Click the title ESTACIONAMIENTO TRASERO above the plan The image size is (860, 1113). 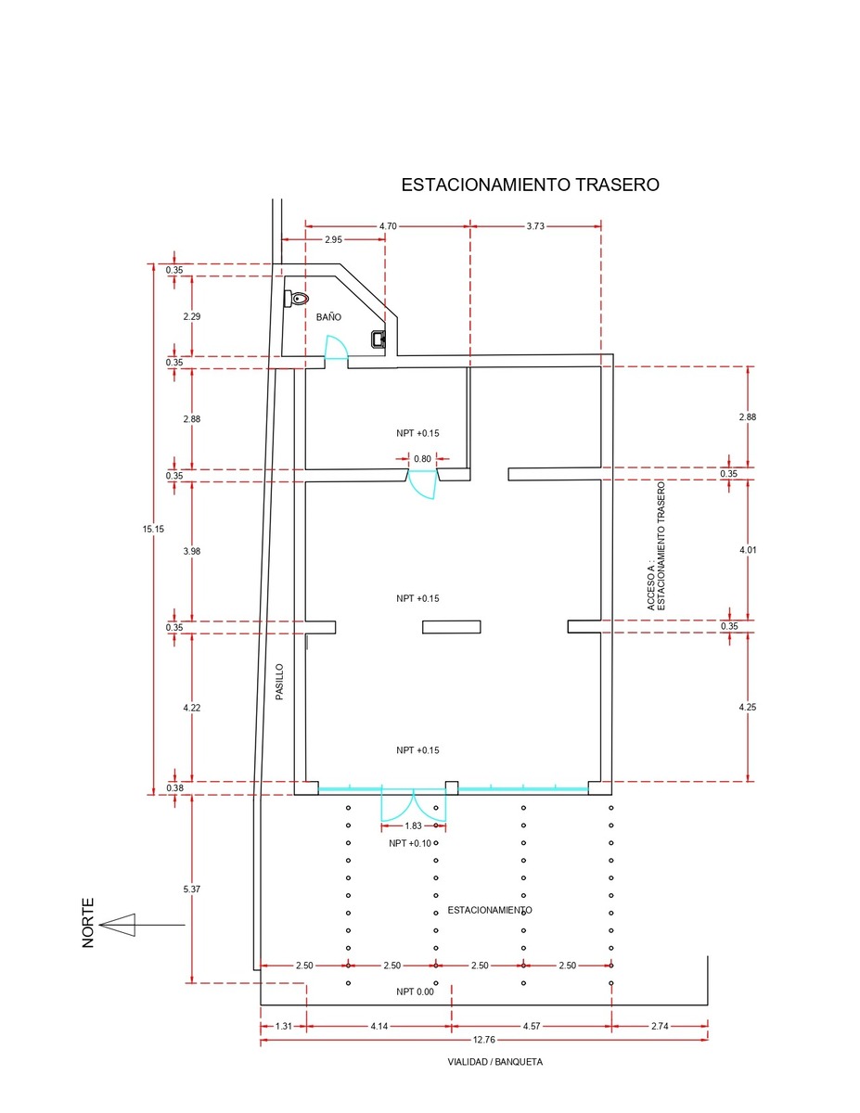tap(530, 185)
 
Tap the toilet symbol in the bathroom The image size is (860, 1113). tap(297, 298)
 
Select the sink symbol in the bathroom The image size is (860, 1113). tap(378, 339)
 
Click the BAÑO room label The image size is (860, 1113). tap(328, 317)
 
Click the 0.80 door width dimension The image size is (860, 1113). tap(422, 459)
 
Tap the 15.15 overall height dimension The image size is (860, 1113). tap(153, 529)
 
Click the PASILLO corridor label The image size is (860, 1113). tap(279, 682)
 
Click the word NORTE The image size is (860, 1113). tap(88, 923)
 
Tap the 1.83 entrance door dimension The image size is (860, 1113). tap(413, 825)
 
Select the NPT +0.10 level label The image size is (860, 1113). tap(410, 843)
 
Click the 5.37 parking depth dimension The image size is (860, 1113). tap(191, 889)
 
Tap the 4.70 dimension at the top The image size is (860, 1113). tap(388, 226)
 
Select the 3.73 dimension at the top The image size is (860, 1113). tap(535, 226)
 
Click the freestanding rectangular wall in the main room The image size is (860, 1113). tap(451, 627)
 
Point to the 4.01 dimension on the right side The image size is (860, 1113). tap(748, 550)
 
